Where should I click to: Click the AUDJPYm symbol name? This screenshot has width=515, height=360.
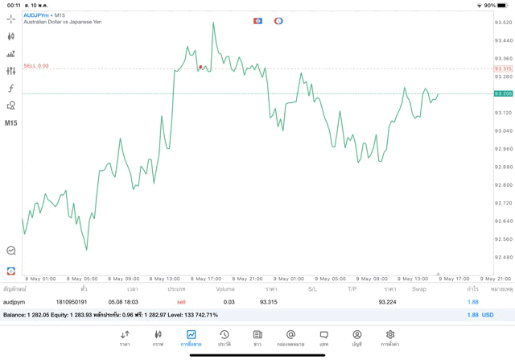[37, 14]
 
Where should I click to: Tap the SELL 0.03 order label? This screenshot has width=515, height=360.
[36, 66]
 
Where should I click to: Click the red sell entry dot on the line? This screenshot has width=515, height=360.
[200, 68]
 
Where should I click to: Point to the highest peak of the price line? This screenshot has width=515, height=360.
[213, 23]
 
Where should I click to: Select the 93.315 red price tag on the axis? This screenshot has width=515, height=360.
[503, 68]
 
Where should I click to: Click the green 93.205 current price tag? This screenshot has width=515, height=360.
[503, 93]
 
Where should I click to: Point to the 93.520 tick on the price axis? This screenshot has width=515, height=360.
[504, 23]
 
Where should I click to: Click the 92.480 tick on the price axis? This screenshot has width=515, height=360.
[504, 257]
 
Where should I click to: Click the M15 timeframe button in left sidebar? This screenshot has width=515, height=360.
[11, 123]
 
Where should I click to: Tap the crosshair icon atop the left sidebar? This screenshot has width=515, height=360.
[11, 19]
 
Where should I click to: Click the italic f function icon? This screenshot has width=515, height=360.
[11, 88]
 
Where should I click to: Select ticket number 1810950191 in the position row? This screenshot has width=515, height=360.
[72, 302]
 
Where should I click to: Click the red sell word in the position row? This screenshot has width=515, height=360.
[181, 302]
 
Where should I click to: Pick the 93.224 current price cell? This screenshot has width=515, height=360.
[387, 302]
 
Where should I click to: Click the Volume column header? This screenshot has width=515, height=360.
[225, 288]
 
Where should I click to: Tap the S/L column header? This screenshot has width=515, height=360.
[312, 288]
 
